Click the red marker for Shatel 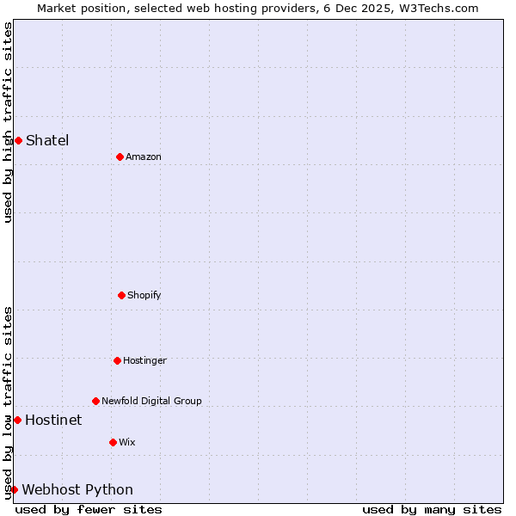[18, 140]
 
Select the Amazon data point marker [120, 157]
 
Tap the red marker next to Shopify [121, 295]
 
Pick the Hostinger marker [117, 360]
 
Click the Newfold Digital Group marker [95, 401]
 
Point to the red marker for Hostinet [17, 420]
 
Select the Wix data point [113, 442]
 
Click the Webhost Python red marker [14, 489]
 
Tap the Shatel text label [47, 140]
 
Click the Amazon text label [144, 157]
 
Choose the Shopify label [144, 295]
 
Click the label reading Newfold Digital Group [151, 401]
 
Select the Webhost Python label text [77, 489]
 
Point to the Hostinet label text [53, 420]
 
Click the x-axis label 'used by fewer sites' [89, 509]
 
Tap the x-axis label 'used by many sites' [432, 509]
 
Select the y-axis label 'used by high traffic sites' [8, 122]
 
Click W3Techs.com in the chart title [440, 8]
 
